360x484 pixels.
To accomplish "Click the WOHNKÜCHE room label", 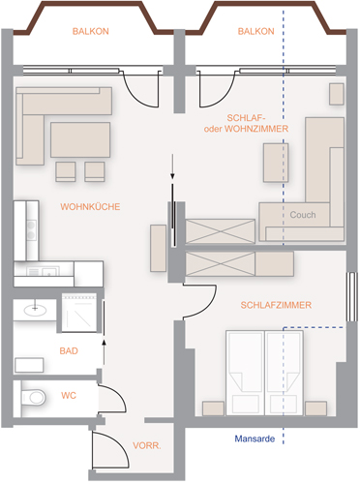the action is coord(90,207).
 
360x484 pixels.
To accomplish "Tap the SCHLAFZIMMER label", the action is coord(276,305).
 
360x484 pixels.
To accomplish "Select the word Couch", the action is coord(303,215).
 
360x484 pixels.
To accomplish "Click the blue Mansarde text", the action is coord(255,439).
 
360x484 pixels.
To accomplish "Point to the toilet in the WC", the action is coord(33,397).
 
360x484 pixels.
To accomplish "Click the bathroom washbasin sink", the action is coord(35,310).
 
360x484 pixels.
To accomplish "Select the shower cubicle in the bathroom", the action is coord(79,313).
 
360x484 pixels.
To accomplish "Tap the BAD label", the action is coord(69,351).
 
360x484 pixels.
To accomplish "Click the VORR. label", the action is coord(147,446).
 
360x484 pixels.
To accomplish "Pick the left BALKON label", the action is coord(91,31).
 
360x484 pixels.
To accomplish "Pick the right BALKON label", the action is coord(256,31).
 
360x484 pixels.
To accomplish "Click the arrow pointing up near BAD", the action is coord(104,352).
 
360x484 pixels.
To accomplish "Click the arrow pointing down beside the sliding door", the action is coord(173,166).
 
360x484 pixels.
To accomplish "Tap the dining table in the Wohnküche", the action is coord(80,139).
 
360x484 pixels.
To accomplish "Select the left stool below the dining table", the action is coord(66,171).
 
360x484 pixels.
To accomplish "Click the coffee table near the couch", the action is coord(276,163).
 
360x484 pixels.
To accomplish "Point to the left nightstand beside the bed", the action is coord(213,408).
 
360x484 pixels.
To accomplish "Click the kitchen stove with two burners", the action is coord(31,229).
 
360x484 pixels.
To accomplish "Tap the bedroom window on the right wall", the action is coord(352,297).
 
